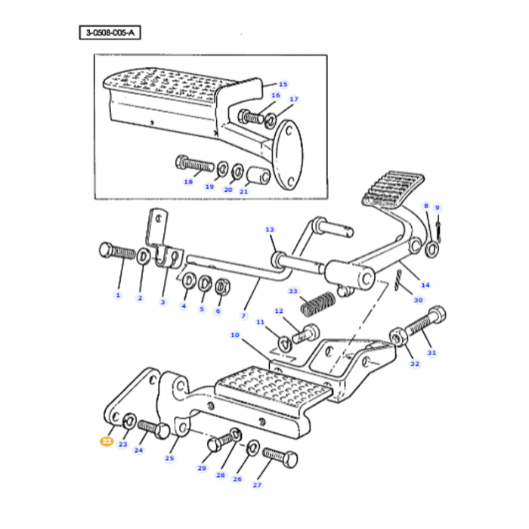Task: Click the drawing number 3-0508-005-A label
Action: pyautogui.click(x=110, y=32)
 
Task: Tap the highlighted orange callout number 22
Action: pyautogui.click(x=105, y=443)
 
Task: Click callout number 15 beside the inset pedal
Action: pyautogui.click(x=283, y=84)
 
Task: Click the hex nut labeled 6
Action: pyautogui.click(x=222, y=287)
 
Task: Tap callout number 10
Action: pyautogui.click(x=234, y=334)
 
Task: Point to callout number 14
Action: pyautogui.click(x=425, y=285)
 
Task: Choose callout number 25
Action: pyautogui.click(x=169, y=458)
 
